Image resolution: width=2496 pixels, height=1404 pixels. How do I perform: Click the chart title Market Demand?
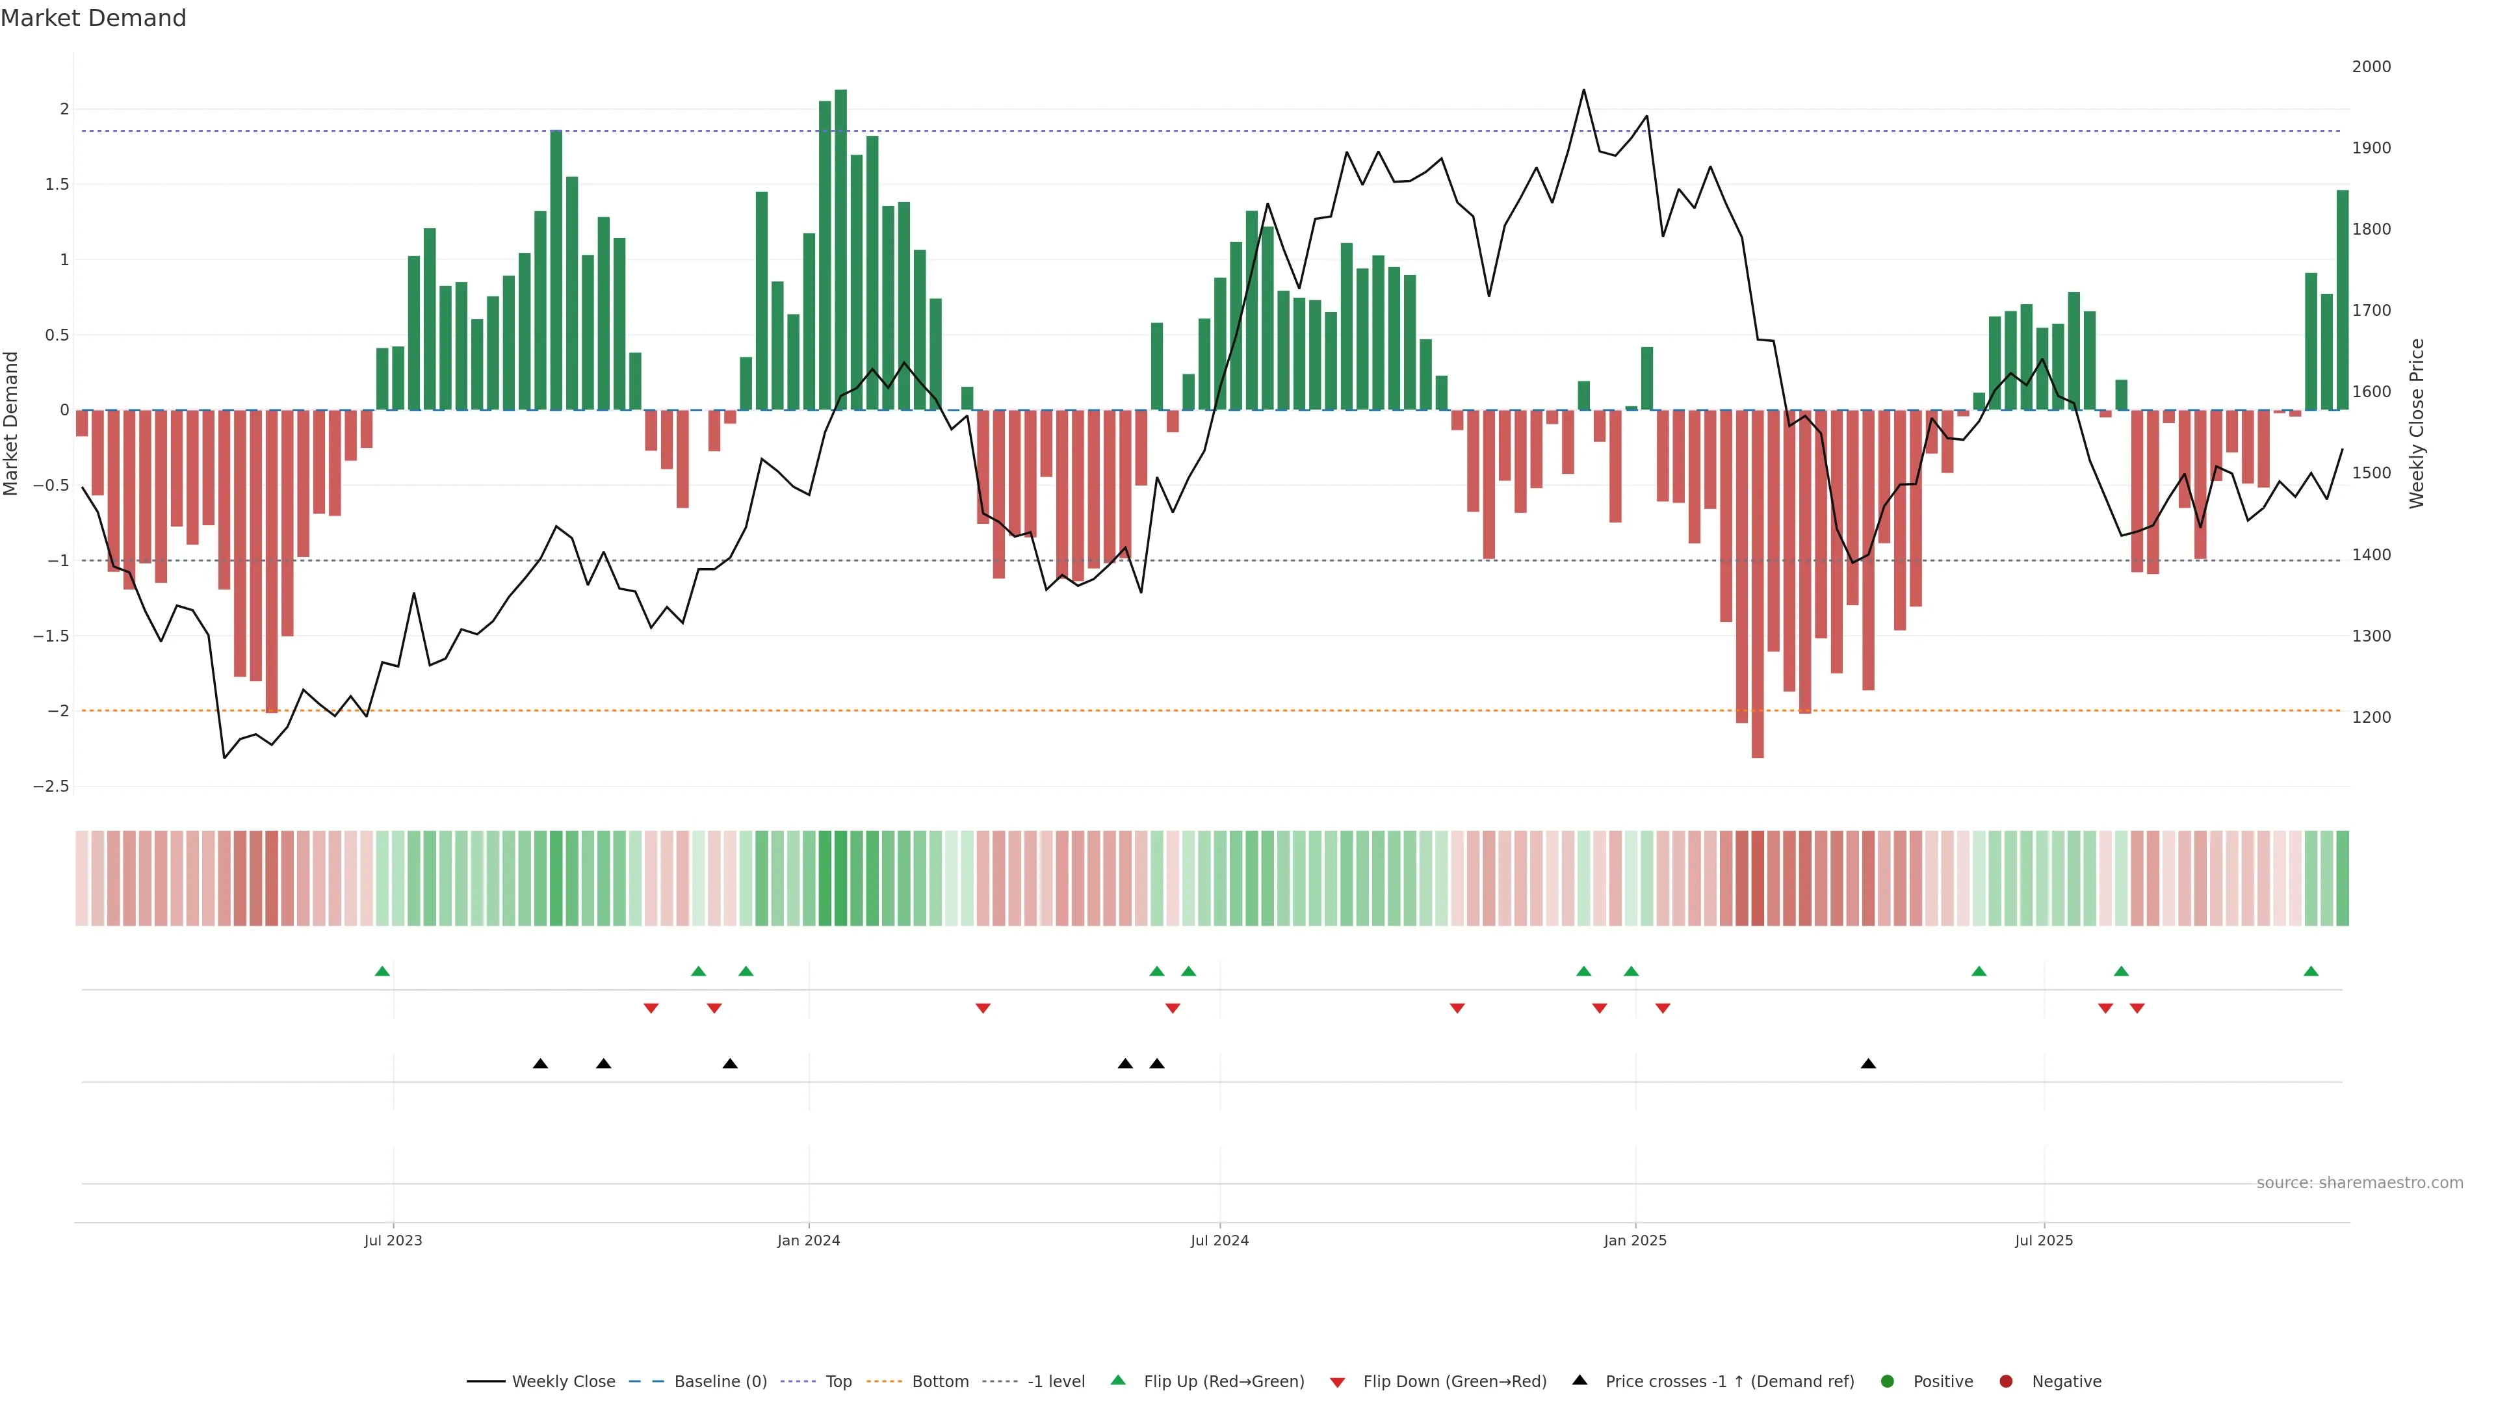tap(93, 18)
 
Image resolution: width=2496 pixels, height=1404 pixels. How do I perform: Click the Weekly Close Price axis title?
tap(2417, 423)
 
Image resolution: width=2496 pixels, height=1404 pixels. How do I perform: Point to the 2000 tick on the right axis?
tap(2371, 67)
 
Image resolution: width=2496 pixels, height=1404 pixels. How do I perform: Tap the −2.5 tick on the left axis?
tap(51, 786)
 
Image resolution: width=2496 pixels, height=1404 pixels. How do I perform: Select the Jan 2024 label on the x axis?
tap(808, 1240)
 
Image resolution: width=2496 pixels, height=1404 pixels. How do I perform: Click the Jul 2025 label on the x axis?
tap(2044, 1240)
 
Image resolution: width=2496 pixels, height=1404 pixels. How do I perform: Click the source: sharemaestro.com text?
tap(2359, 1182)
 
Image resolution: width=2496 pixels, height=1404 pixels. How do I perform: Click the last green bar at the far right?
tap(2342, 300)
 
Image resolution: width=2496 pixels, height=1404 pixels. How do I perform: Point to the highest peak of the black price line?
tap(1583, 90)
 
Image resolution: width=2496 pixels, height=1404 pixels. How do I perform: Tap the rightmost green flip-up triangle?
tap(2311, 971)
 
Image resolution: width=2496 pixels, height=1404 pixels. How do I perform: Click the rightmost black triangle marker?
tap(1868, 1064)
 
